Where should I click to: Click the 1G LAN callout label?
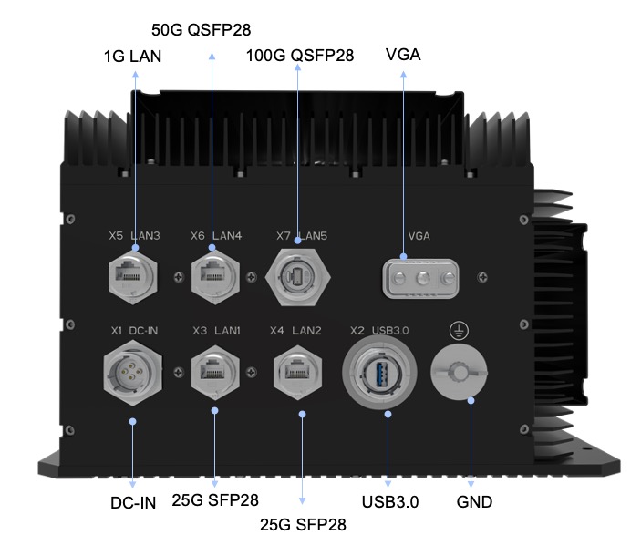pyautogui.click(x=132, y=57)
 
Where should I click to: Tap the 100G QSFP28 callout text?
pyautogui.click(x=300, y=57)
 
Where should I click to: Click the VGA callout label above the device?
pyautogui.click(x=404, y=55)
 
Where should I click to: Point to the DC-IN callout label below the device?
pyautogui.click(x=132, y=501)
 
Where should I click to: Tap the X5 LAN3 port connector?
pyautogui.click(x=134, y=271)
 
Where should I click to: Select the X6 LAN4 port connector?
pyautogui.click(x=215, y=271)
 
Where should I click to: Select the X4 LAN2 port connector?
pyautogui.click(x=297, y=370)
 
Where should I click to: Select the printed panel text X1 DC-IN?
pyautogui.click(x=135, y=330)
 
